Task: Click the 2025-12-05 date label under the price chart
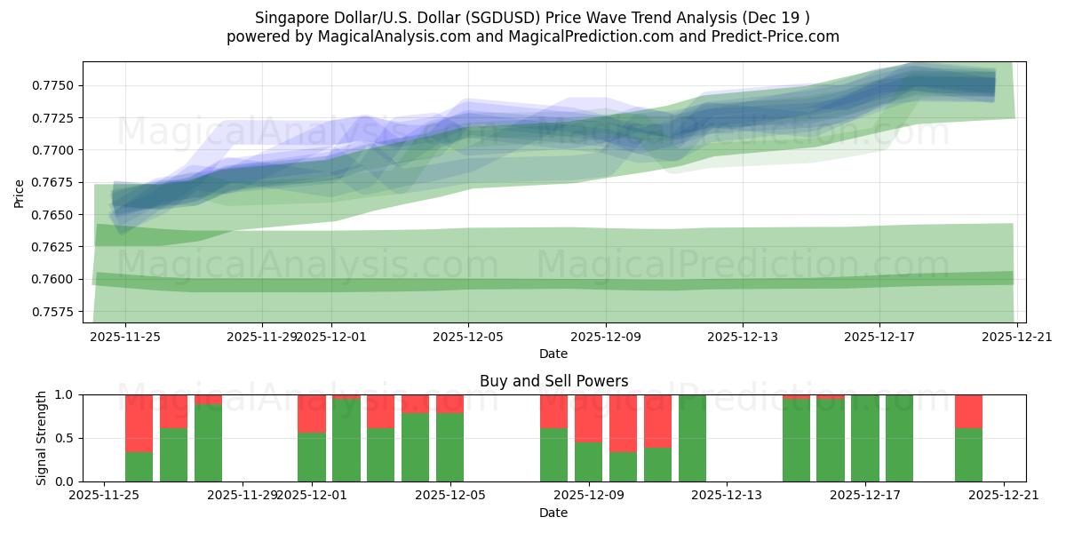(468, 338)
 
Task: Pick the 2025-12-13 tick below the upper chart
(743, 338)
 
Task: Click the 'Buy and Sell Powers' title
(553, 381)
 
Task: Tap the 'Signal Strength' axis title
(42, 438)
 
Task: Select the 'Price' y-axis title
(20, 192)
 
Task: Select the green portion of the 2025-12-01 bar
(312, 457)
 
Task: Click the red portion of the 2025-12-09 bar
(588, 418)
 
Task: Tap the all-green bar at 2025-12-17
(864, 438)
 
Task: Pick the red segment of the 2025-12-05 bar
(449, 403)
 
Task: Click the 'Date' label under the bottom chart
(553, 513)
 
